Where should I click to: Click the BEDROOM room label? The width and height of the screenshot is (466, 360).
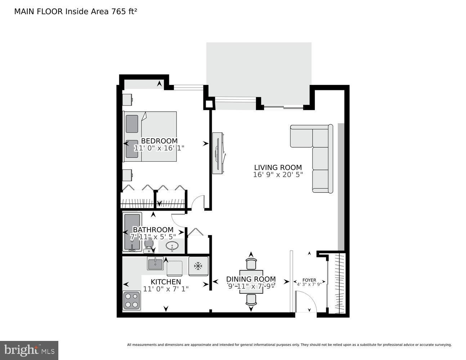point(159,141)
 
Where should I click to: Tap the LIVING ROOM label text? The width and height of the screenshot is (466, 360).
point(278,167)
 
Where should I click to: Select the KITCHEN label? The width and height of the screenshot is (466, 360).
point(166,282)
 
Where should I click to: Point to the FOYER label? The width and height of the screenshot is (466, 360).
point(309,280)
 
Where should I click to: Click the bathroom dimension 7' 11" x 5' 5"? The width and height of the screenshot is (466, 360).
point(153,237)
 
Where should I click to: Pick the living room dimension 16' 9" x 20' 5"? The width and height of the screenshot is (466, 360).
point(278,175)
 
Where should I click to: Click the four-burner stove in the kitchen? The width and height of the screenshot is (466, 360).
point(131,300)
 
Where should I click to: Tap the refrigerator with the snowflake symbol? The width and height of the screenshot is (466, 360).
point(198,266)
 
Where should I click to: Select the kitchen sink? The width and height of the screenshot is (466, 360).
point(155,264)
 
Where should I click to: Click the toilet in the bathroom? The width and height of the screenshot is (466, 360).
point(148,246)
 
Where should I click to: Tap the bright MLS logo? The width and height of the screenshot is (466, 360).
point(29,350)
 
